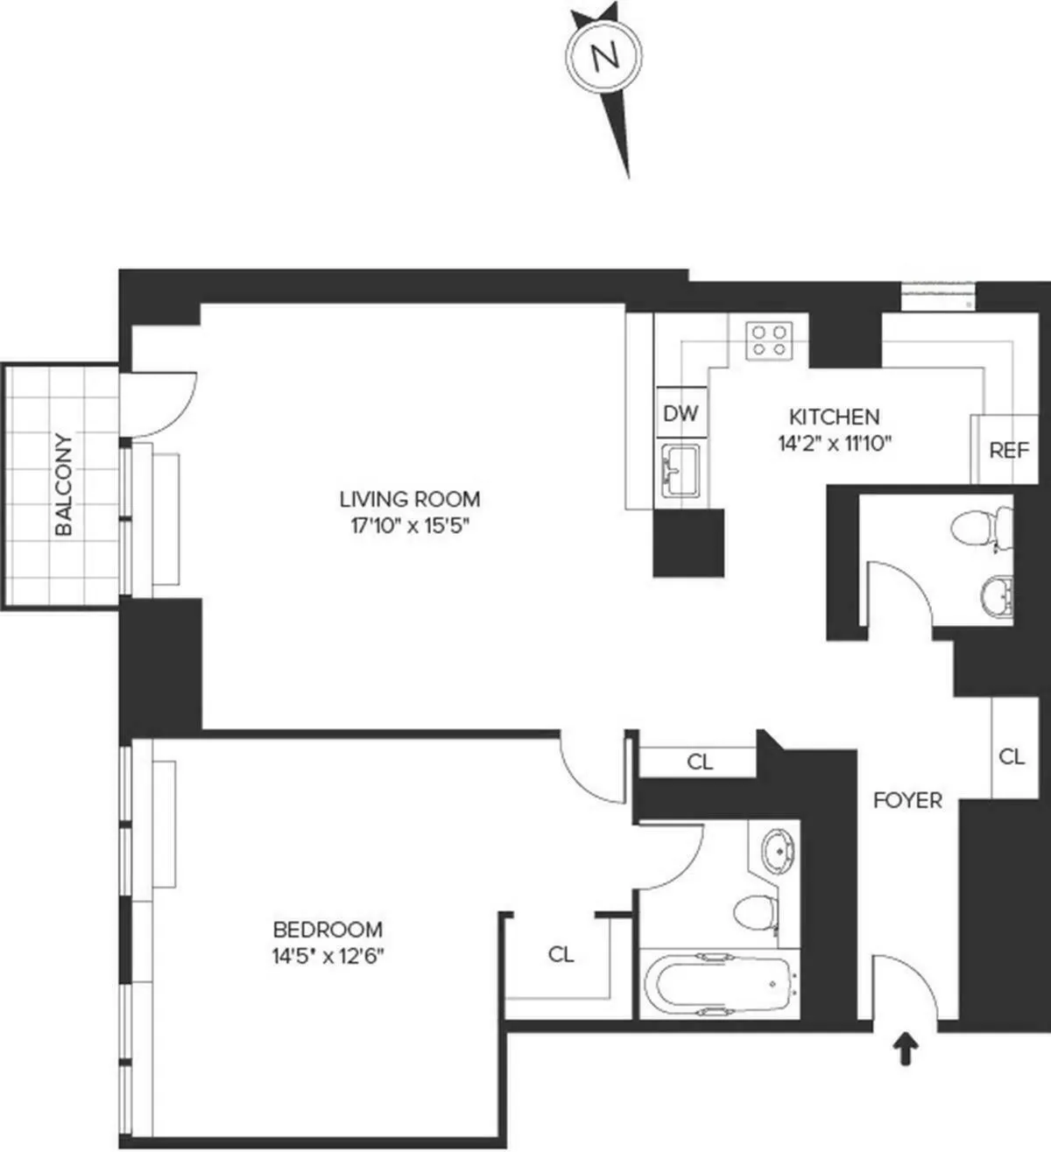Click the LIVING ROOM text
point(410,499)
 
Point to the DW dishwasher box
point(680,412)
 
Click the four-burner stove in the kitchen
point(769,340)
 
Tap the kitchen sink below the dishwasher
point(680,470)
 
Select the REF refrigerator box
point(1008,450)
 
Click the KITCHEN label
point(834,417)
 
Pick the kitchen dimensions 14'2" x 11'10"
point(834,443)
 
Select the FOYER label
point(907,800)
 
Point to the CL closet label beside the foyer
point(1012,756)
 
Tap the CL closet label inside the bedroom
point(561,954)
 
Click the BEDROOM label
point(328,930)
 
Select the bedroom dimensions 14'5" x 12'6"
point(328,957)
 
